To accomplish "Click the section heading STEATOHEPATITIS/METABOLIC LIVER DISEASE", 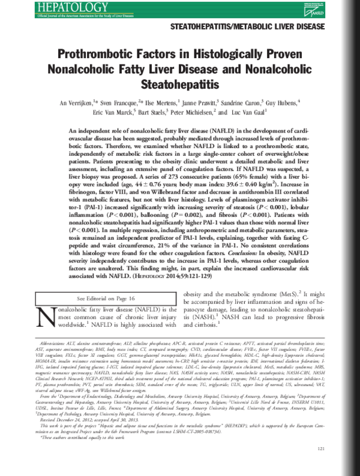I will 248,28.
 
